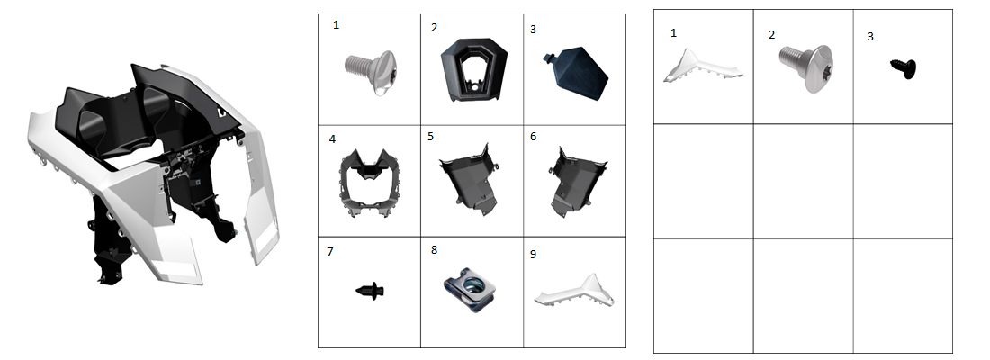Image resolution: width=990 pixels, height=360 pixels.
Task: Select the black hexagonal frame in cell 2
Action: pos(473,68)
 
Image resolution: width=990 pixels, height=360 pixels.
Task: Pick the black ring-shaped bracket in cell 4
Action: pos(370,184)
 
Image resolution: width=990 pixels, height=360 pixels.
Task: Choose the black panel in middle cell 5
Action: pos(471,179)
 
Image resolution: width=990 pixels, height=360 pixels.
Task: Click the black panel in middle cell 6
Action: pos(576,181)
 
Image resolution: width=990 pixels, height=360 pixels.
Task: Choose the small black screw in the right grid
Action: pos(904,68)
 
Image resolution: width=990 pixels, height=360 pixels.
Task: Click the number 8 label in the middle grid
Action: pos(434,249)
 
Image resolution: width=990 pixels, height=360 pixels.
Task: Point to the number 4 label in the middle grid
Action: pos(332,139)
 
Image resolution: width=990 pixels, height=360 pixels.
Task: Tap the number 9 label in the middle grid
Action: pos(533,254)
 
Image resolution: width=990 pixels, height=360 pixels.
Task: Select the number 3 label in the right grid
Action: pos(870,37)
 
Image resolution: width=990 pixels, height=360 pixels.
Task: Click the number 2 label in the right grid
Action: pos(771,35)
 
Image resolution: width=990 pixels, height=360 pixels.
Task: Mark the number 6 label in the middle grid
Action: pos(533,137)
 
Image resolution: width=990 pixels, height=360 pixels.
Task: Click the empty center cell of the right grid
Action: pos(803,181)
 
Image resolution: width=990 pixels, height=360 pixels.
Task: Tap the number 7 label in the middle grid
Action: pos(330,252)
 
